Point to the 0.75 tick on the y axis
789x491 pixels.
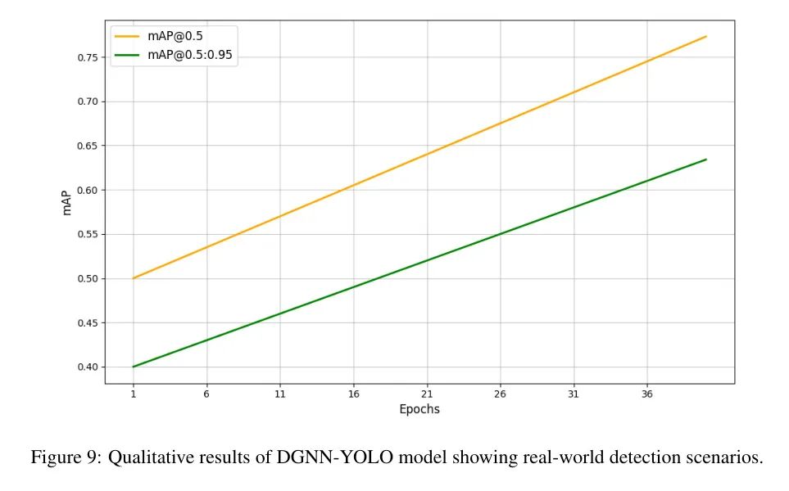click(x=87, y=57)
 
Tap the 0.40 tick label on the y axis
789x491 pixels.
click(x=87, y=367)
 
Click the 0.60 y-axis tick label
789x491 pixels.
click(x=87, y=190)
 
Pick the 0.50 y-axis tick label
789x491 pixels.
click(x=87, y=278)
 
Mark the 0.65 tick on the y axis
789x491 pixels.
click(x=87, y=146)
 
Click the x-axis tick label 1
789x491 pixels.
click(x=133, y=394)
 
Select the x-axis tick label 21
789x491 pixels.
click(x=427, y=394)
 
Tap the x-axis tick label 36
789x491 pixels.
click(x=647, y=394)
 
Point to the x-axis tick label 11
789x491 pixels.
click(x=280, y=394)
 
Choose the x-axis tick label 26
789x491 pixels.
click(x=501, y=394)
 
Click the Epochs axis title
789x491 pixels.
click(x=419, y=409)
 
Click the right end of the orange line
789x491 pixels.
click(x=706, y=36)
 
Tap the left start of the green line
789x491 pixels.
click(x=133, y=367)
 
